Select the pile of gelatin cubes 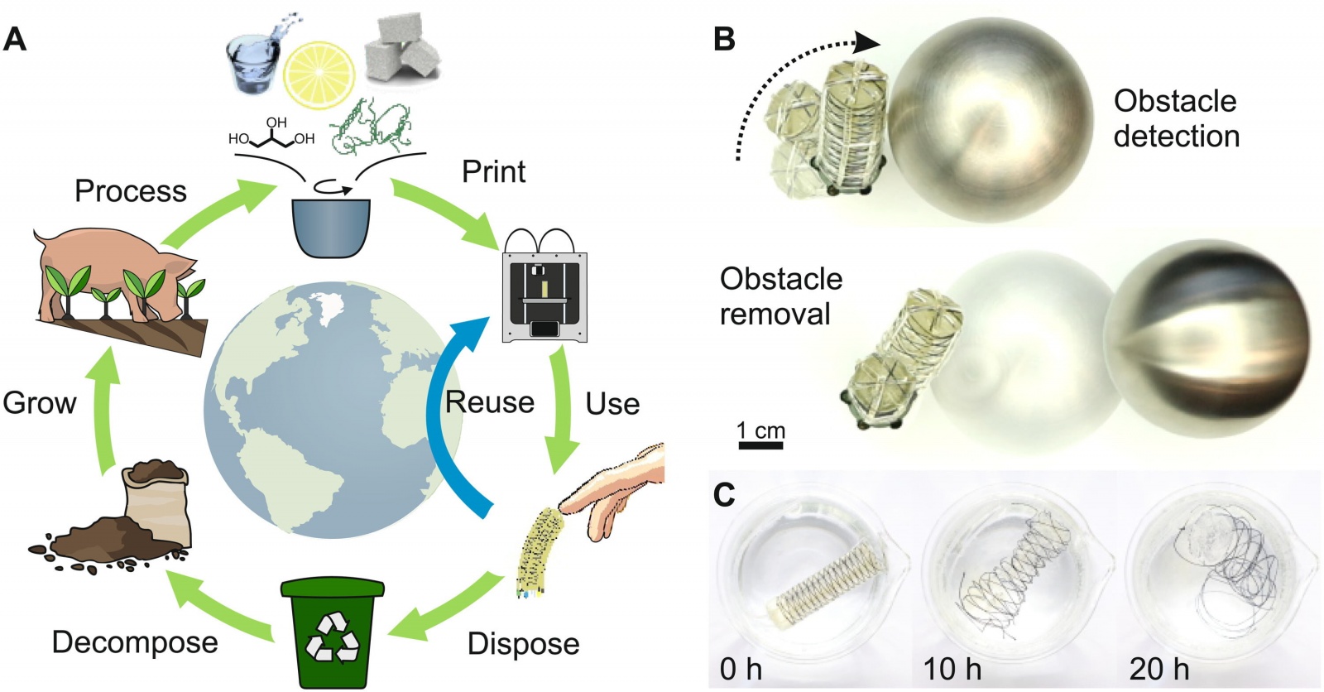click(x=401, y=48)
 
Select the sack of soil click(x=157, y=505)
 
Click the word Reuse click(x=490, y=402)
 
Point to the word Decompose click(x=135, y=642)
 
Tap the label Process click(x=131, y=191)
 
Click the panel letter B click(x=724, y=38)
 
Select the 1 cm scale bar click(x=760, y=445)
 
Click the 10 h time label click(x=952, y=669)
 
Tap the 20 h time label click(x=1158, y=669)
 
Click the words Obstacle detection click(x=1176, y=118)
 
